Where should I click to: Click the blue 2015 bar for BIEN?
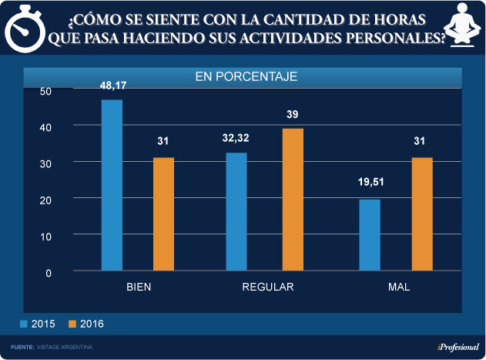[x=112, y=185]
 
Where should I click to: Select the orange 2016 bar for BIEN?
[x=163, y=214]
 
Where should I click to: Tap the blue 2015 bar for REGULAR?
[x=236, y=212]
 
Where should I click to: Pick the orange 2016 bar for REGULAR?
[x=293, y=199]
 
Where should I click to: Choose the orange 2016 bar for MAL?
[x=422, y=214]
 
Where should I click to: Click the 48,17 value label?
[x=112, y=86]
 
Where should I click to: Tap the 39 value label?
[x=293, y=114]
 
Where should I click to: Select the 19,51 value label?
[x=370, y=184]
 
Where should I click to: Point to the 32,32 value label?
[x=236, y=139]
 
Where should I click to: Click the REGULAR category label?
[x=268, y=287]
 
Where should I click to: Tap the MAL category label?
[x=399, y=287]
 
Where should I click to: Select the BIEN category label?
[x=139, y=287]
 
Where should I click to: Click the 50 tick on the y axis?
[x=45, y=91]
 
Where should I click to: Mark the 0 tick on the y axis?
[x=48, y=272]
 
